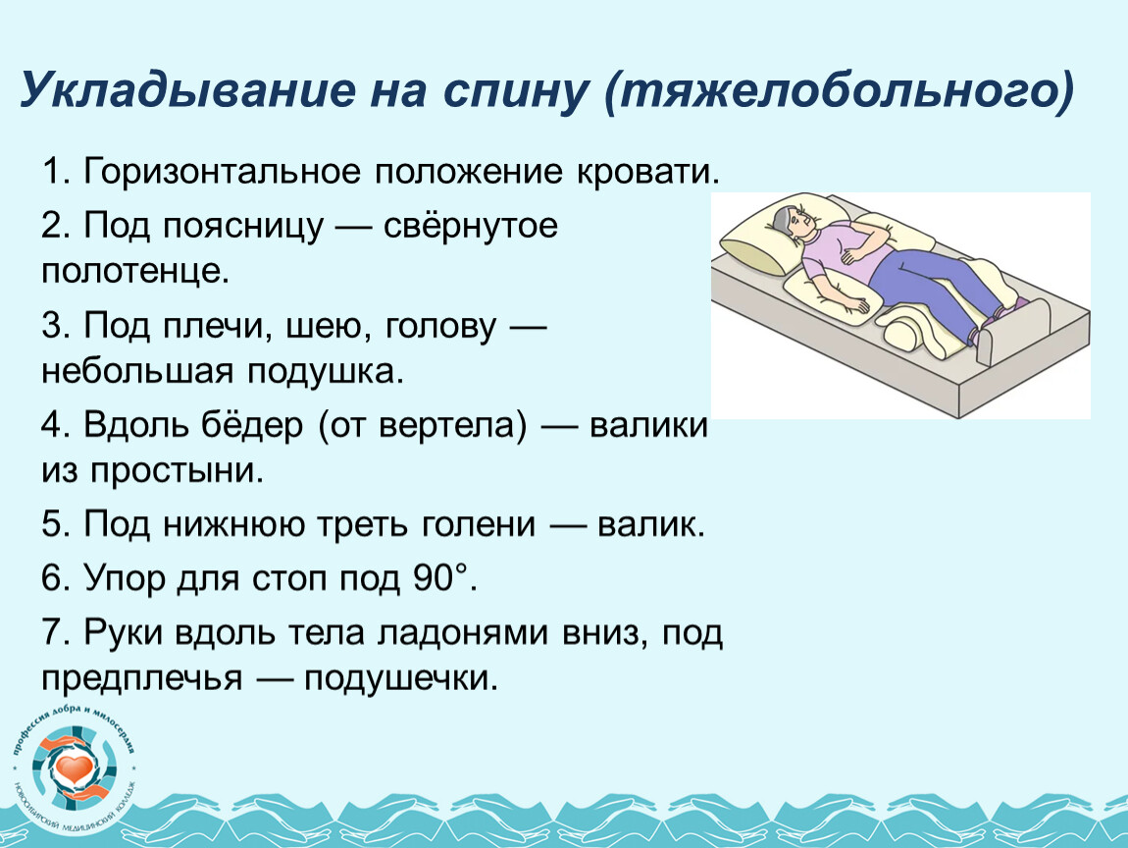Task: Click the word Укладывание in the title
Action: click(x=187, y=91)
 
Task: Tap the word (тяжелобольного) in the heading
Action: click(x=840, y=91)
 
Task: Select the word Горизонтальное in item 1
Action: click(x=223, y=173)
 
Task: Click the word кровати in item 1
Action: click(x=646, y=173)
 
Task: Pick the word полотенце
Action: click(x=135, y=272)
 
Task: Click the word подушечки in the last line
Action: click(x=401, y=679)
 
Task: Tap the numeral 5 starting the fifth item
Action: click(x=52, y=523)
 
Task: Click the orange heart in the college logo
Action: click(x=75, y=768)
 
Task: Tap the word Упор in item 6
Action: click(x=124, y=578)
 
